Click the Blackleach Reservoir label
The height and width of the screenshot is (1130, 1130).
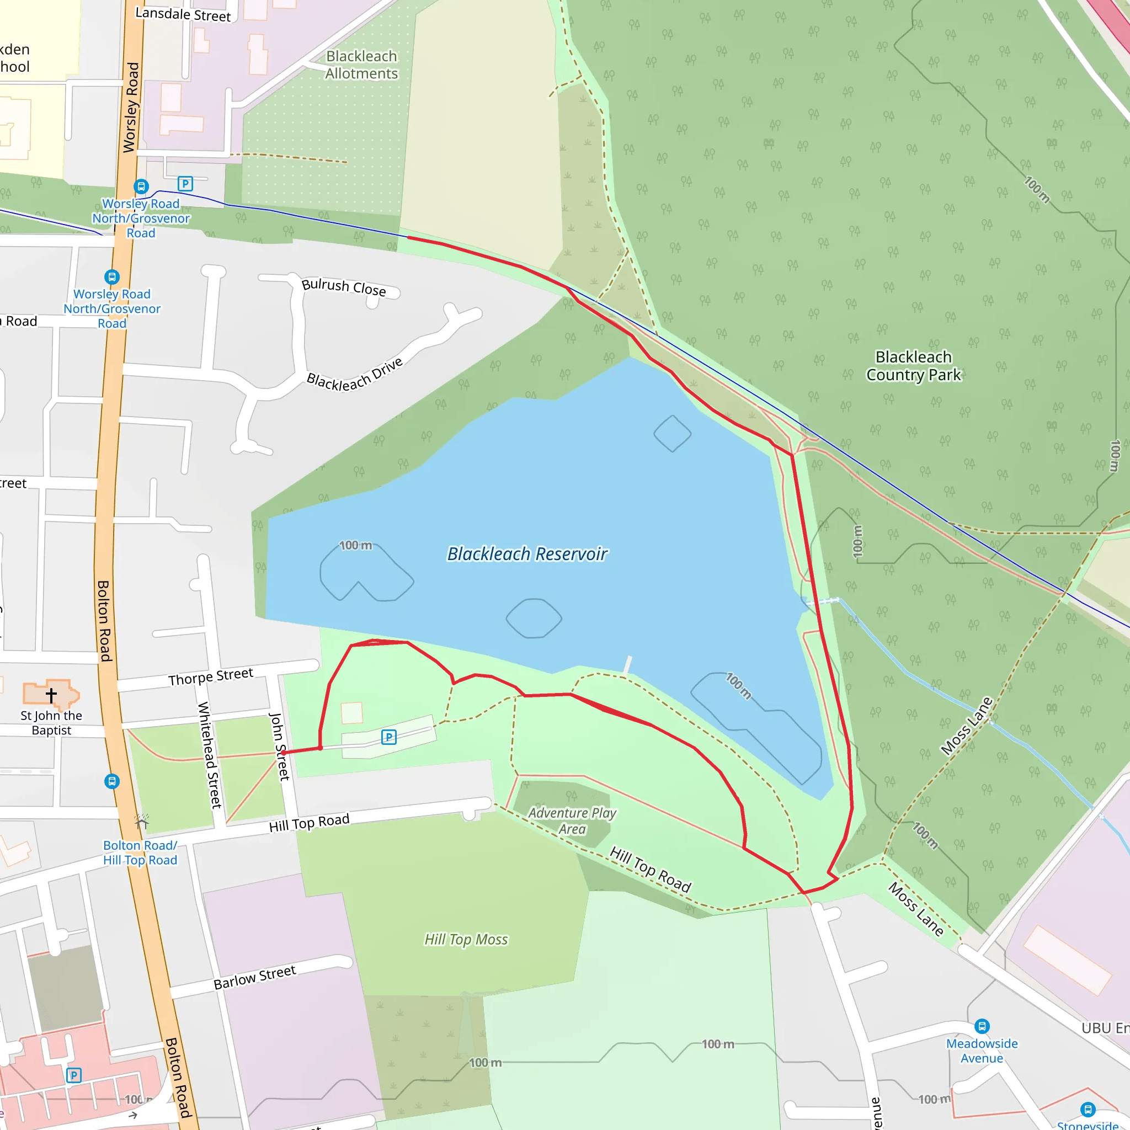(x=527, y=554)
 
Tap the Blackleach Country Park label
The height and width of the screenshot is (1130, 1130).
(x=913, y=366)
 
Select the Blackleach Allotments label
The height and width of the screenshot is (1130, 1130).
(x=361, y=65)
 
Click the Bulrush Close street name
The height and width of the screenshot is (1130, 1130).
(x=343, y=286)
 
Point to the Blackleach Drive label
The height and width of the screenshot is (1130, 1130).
(x=355, y=374)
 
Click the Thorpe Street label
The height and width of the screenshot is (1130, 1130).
(x=211, y=676)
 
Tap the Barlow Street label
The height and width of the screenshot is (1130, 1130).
(x=254, y=977)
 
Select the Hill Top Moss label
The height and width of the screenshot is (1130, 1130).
(x=466, y=939)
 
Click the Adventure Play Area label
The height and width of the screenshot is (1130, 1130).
(x=572, y=820)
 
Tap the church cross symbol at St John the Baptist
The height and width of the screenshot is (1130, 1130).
(x=51, y=695)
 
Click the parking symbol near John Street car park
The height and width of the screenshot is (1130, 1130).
(x=388, y=737)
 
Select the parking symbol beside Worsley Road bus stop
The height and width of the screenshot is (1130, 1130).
(x=185, y=184)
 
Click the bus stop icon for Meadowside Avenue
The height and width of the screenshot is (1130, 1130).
(x=982, y=1026)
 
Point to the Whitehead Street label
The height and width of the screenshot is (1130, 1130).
(x=209, y=754)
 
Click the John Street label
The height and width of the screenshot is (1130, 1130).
(x=279, y=747)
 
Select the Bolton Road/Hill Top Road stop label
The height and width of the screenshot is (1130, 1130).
(x=140, y=853)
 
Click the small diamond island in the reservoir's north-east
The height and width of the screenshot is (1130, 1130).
(x=672, y=433)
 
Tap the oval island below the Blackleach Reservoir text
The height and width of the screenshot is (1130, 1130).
(x=534, y=618)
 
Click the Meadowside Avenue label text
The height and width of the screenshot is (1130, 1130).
(x=982, y=1051)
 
